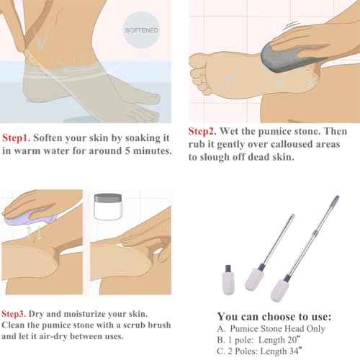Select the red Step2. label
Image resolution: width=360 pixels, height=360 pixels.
tap(204, 132)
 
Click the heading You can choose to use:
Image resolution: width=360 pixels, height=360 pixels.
tap(274, 317)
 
